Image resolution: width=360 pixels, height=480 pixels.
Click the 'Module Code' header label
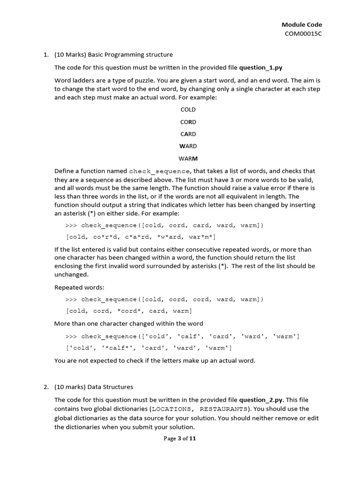pos(301,25)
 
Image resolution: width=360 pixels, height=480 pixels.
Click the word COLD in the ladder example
pos(188,110)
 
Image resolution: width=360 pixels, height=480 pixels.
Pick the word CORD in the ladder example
pos(188,122)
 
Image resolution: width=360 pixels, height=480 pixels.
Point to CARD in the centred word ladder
pos(188,134)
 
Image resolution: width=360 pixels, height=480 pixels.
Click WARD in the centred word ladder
pos(188,146)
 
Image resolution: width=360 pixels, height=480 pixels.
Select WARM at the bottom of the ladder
pos(188,158)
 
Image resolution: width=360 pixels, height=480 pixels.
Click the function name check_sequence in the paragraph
pos(159,171)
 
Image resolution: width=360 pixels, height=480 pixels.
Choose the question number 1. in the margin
pos(46,55)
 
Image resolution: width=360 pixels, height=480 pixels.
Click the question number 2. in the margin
pos(46,387)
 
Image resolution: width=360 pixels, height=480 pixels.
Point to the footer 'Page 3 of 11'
pos(180,439)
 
